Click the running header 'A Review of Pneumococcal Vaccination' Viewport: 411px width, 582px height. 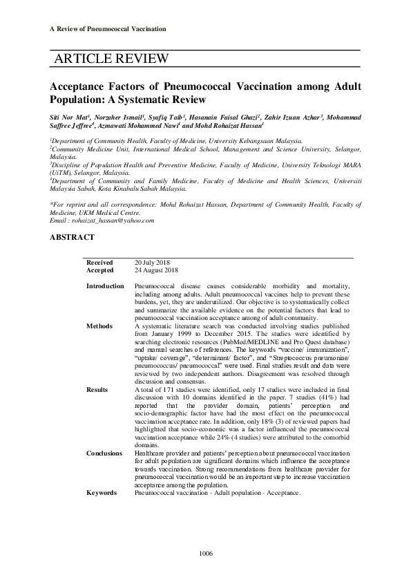pyautogui.click(x=108, y=28)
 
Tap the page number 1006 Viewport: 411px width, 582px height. pyautogui.click(x=205, y=554)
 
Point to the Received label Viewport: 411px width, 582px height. pyautogui.click(x=99, y=263)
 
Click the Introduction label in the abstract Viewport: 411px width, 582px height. pyautogui.click(x=106, y=285)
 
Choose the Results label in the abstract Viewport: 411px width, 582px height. pyautogui.click(x=97, y=390)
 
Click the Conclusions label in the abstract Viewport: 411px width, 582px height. pyautogui.click(x=105, y=452)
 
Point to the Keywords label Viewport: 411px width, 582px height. pyautogui.click(x=102, y=492)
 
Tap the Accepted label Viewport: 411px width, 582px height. pyautogui.click(x=100, y=270)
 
